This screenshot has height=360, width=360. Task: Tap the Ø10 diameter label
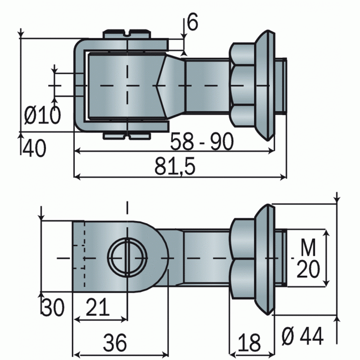click(x=43, y=115)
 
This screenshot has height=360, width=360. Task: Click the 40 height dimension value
click(x=34, y=148)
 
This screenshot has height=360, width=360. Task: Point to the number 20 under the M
click(x=308, y=270)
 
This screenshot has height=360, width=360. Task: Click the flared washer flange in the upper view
click(x=265, y=86)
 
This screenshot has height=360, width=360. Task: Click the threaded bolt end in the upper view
click(x=281, y=86)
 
